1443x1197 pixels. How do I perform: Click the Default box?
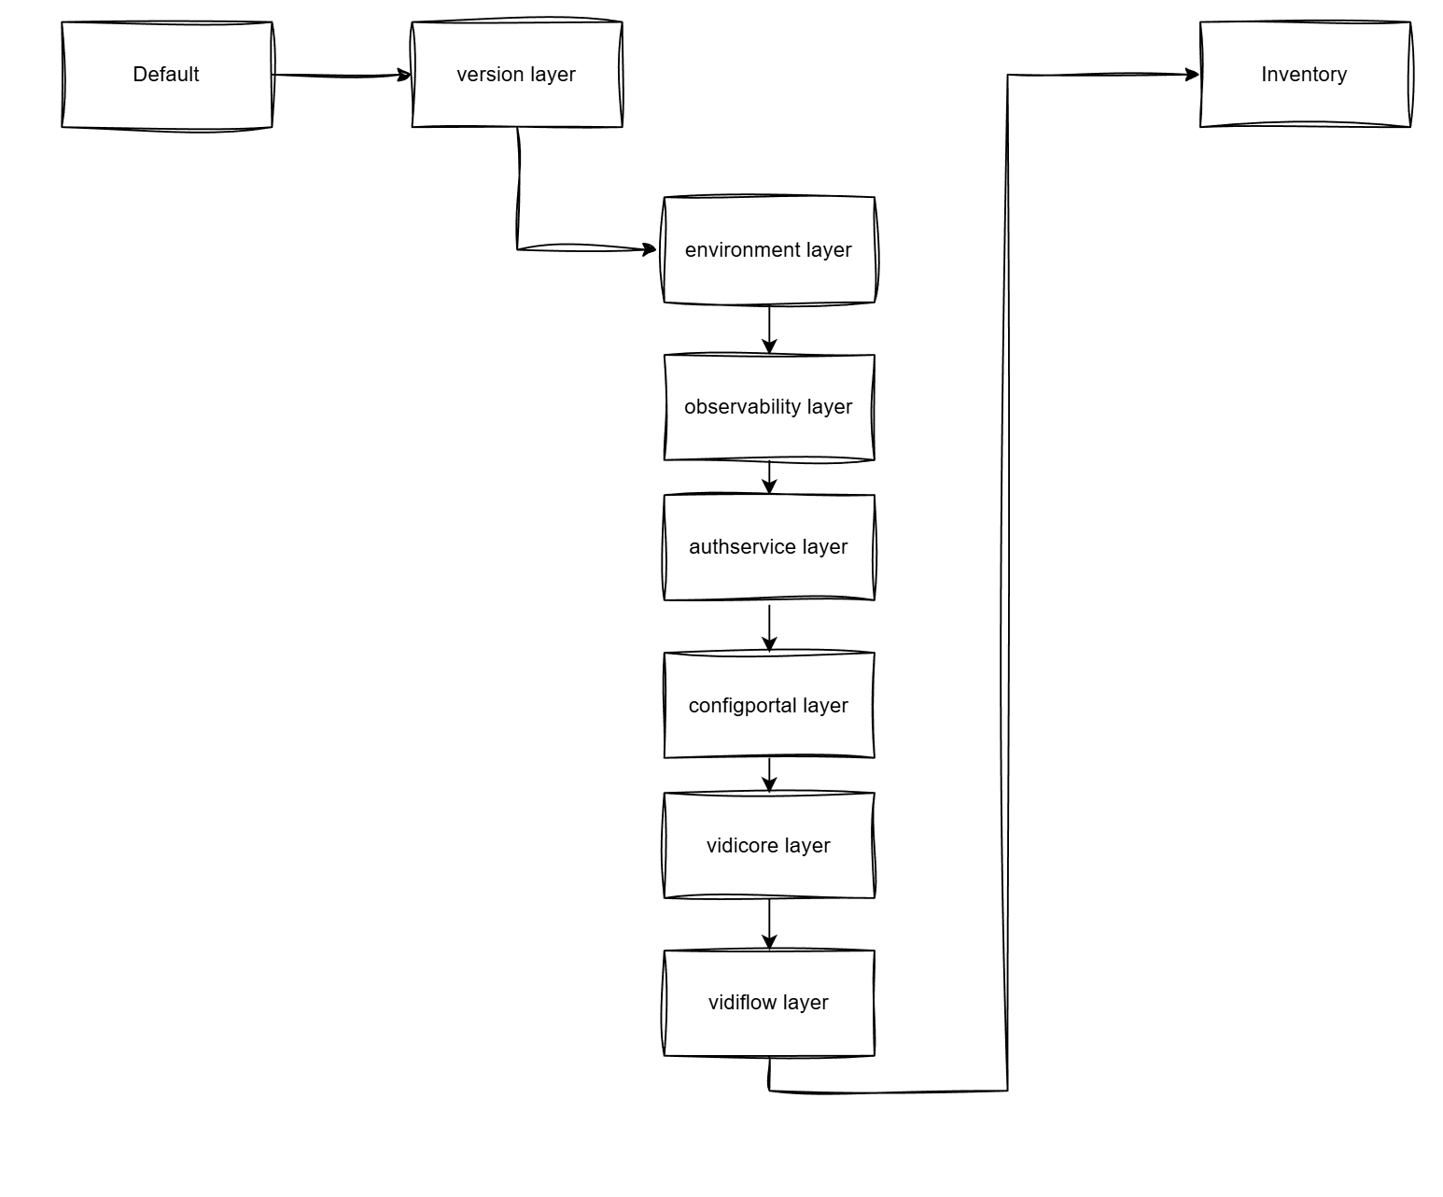point(166,75)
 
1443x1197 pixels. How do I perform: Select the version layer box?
point(516,75)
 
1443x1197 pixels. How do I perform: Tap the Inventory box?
point(1304,75)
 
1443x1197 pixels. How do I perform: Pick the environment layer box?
point(768,250)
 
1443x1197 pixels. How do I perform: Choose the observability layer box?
point(768,407)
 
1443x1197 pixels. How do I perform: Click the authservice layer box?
point(768,547)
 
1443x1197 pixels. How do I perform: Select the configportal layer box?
point(768,706)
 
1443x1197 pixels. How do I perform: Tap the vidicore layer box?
point(768,846)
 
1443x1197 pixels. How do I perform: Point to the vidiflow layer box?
point(768,1003)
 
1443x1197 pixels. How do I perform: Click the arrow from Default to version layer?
point(341,75)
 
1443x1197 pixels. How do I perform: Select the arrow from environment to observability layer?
point(769,329)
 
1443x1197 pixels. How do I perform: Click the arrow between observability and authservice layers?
point(769,477)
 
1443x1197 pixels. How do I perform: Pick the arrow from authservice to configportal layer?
point(769,627)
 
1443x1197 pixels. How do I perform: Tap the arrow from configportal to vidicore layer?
point(769,775)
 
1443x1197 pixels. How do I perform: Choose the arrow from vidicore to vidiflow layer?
point(769,924)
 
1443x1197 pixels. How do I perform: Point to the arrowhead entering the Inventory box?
point(1192,75)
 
